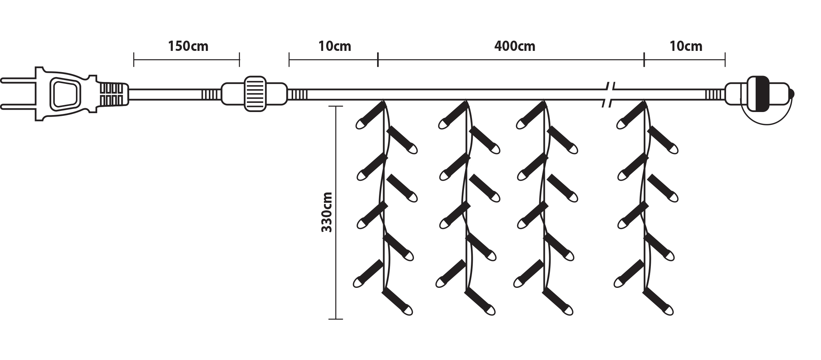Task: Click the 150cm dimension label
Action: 188,46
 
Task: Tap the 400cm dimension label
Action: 515,46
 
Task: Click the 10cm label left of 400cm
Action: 335,46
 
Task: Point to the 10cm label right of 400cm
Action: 685,46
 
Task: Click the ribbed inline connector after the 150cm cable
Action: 254,94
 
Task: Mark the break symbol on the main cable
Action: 609,94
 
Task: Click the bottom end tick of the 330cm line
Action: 336,319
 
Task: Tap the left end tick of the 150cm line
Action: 134,60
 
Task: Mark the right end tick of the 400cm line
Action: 644,60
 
